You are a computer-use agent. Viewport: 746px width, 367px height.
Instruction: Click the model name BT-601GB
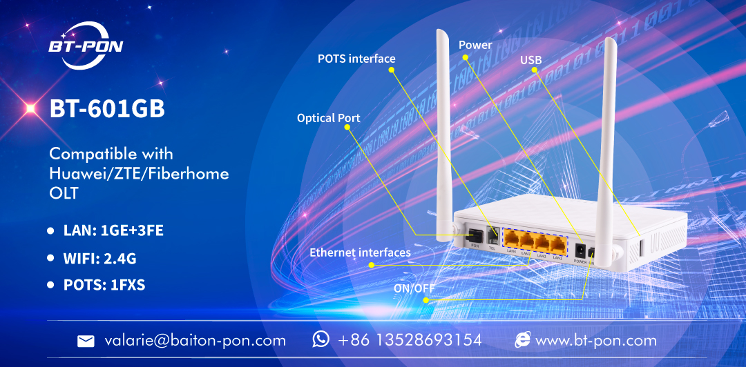coord(107,108)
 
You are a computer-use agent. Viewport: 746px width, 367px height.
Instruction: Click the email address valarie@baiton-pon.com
coord(195,340)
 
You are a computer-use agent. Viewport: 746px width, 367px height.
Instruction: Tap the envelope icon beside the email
coord(86,341)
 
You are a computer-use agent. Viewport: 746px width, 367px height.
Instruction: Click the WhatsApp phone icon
coord(321,339)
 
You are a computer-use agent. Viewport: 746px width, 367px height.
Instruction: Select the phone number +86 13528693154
coord(410,340)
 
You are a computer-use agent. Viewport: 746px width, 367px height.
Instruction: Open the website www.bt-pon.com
coord(595,340)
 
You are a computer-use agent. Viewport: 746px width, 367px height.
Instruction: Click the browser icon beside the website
coord(523,339)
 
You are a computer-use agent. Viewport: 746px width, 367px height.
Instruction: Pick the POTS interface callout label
coord(356,59)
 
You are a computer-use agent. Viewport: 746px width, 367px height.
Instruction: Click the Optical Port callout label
coord(328,118)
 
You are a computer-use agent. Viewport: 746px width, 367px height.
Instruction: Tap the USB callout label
coord(530,61)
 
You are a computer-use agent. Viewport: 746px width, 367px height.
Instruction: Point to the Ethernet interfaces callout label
coord(360,252)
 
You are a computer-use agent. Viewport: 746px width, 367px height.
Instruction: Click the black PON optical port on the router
coord(476,235)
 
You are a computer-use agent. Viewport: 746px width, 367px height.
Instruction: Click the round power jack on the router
coord(580,250)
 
